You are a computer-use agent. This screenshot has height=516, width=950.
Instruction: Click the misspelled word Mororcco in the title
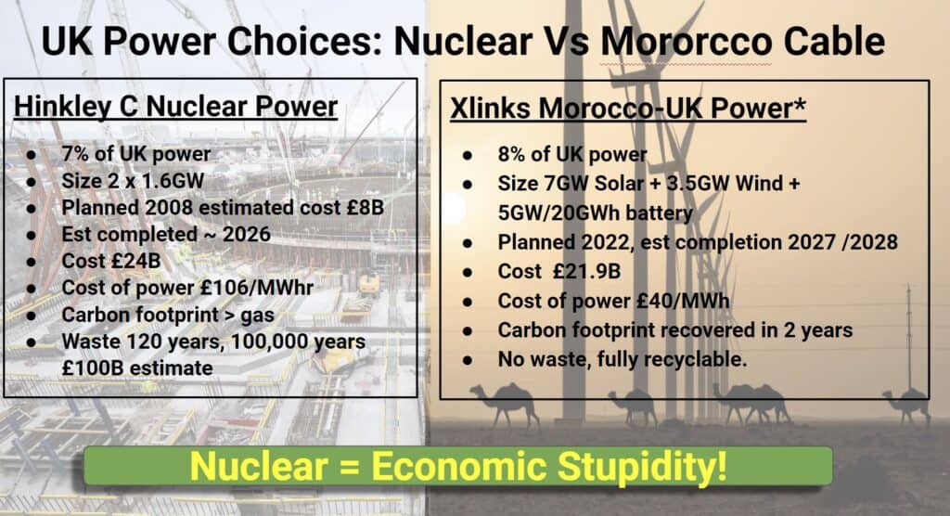[x=686, y=42]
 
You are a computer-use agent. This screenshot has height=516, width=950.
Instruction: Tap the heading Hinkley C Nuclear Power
[x=175, y=107]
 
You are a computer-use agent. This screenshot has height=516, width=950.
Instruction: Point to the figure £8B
[x=366, y=207]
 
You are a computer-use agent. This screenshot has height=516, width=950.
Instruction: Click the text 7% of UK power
[x=135, y=154]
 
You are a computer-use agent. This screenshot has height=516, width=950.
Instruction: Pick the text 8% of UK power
[x=572, y=155]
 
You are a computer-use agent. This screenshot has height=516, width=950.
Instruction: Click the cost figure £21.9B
[x=586, y=271]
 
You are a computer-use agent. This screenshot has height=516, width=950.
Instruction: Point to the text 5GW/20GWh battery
[x=595, y=213]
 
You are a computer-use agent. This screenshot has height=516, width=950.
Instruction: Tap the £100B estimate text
[x=137, y=368]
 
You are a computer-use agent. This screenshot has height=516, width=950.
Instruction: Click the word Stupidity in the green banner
[x=642, y=466]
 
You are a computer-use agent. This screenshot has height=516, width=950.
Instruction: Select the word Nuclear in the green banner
[x=259, y=466]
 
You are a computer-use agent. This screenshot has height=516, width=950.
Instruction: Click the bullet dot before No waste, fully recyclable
[x=468, y=360]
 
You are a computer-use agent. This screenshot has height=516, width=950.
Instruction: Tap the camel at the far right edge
[x=907, y=405]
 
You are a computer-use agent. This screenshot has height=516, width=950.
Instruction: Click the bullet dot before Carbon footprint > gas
[x=31, y=316]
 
